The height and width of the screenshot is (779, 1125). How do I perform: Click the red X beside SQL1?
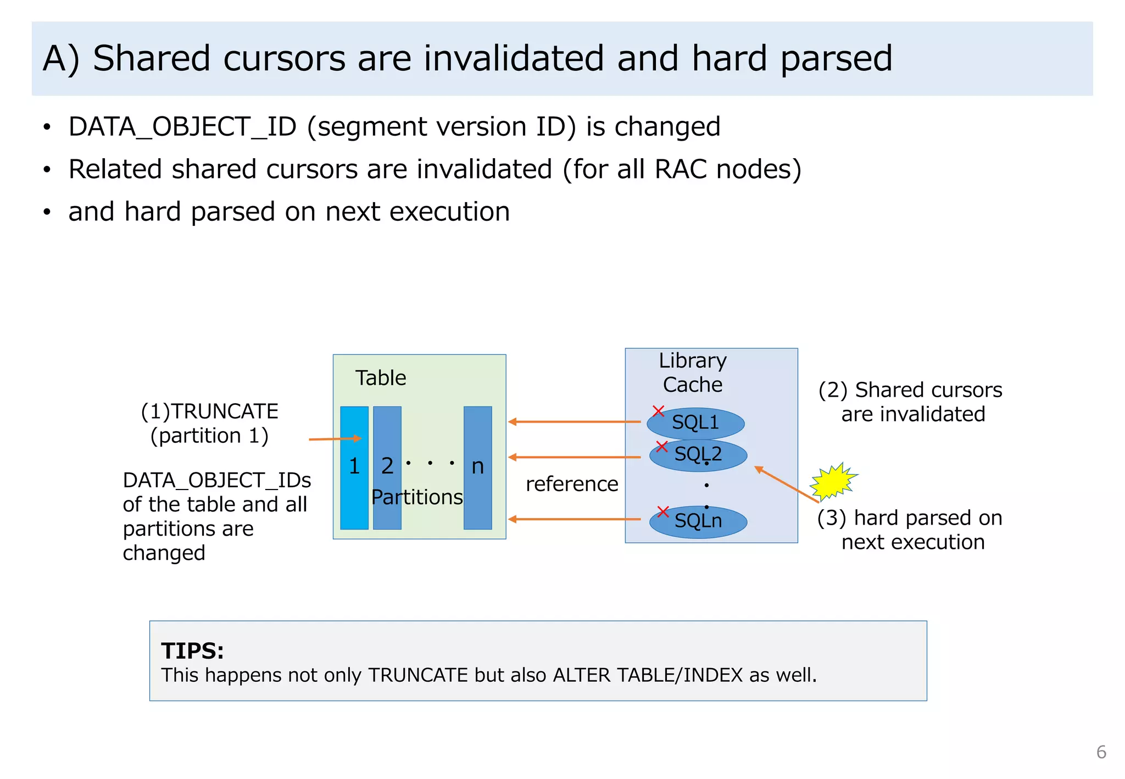click(658, 411)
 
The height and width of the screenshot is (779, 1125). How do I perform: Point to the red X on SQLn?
click(663, 511)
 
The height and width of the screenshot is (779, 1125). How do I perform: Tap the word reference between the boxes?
click(572, 484)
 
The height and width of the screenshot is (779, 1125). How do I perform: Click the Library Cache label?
click(693, 372)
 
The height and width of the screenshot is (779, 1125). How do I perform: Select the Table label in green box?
click(381, 378)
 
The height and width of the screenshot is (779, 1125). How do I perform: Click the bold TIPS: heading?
click(192, 651)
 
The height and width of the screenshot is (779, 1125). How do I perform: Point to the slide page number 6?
click(1101, 752)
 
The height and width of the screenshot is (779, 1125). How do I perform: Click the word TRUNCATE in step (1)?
click(225, 411)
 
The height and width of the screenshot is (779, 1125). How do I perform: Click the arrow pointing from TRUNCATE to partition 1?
click(335, 439)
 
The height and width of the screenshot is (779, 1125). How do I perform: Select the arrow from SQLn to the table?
click(574, 519)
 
